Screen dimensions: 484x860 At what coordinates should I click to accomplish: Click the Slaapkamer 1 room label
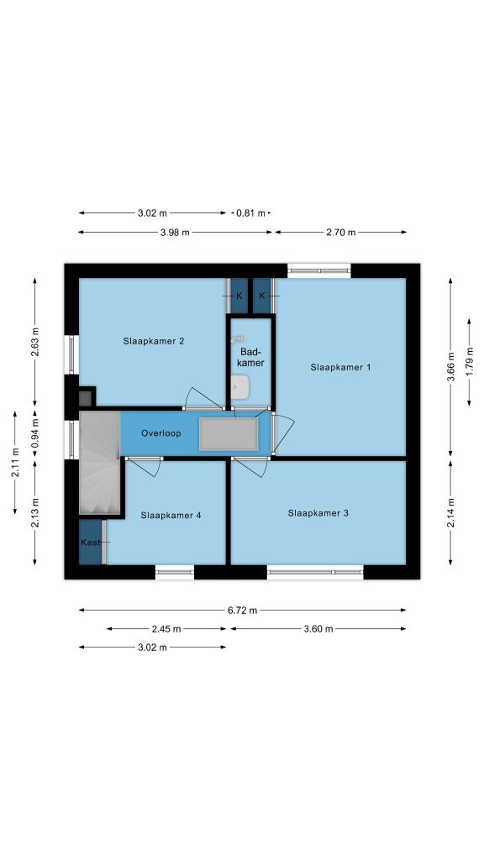point(340,367)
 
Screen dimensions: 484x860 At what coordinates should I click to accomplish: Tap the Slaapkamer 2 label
point(153,341)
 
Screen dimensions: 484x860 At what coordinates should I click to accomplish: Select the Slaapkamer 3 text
point(318,513)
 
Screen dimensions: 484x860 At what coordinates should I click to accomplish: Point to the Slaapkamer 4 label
point(171,515)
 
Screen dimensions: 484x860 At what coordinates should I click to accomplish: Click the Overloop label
point(160,433)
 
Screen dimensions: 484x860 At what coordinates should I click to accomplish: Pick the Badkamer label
point(251,357)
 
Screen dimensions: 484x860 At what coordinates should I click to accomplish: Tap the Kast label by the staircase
point(90,543)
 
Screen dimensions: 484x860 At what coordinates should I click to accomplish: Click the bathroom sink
point(240,386)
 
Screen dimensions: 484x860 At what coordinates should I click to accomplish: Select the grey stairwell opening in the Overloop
point(229,434)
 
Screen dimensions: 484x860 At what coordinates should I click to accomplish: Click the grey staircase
point(99,463)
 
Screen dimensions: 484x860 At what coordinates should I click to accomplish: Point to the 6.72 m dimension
point(243,610)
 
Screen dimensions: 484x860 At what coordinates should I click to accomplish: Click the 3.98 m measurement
point(175,232)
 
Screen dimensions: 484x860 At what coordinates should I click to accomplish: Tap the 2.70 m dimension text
point(341,232)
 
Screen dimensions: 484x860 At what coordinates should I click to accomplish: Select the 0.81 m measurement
point(250,212)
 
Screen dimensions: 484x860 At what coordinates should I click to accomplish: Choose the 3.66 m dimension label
point(450,366)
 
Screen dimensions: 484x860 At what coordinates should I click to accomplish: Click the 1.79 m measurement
point(469,362)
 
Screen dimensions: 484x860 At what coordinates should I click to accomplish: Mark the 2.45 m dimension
point(166,629)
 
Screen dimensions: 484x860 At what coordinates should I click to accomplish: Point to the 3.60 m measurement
point(318,629)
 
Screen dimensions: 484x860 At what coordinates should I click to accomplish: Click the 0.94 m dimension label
point(34,433)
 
